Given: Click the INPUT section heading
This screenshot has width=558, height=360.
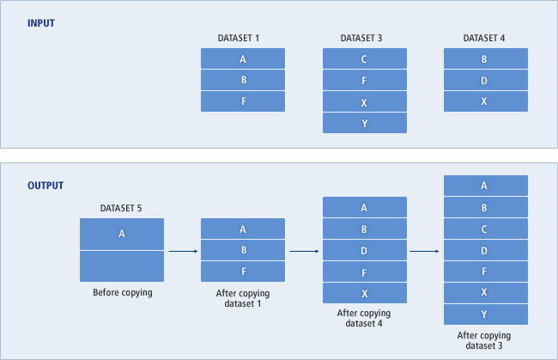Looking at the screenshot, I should (41, 23).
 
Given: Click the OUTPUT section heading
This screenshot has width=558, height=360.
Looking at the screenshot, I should (45, 186).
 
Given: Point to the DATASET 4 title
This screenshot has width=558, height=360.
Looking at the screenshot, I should (484, 38).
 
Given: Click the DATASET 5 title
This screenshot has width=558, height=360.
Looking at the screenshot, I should (121, 208).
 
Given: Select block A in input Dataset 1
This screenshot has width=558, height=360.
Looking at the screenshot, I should (243, 58).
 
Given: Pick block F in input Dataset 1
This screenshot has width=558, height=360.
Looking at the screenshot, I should (243, 101).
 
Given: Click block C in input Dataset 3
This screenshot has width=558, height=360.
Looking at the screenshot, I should (365, 58).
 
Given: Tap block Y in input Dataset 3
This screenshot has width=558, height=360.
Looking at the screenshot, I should (365, 123).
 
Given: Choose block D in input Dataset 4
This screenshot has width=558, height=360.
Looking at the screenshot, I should (485, 80).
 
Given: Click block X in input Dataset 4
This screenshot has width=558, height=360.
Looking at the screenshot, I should (485, 101).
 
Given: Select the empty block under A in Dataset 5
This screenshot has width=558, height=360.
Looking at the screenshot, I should (122, 266).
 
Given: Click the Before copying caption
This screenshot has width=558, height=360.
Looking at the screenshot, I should (122, 293).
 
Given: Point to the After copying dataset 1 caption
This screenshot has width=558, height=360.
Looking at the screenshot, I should (243, 298).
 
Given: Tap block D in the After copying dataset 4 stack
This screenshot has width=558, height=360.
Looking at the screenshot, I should (365, 251).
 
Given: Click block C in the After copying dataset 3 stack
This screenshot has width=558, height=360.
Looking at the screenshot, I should (485, 229).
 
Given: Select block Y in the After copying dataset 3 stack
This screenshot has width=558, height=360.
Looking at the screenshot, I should (485, 314).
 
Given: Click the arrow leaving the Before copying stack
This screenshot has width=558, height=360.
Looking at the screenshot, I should (183, 251).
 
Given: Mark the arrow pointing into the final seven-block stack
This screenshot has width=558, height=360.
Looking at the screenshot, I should (426, 251).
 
